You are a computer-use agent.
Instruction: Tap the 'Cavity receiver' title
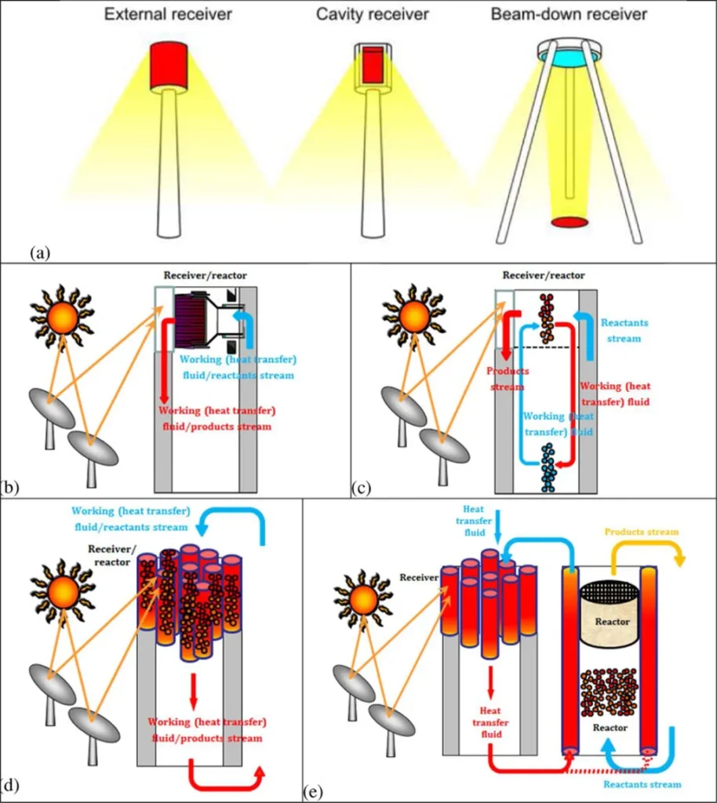click(372, 14)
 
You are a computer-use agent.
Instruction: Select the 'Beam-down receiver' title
click(569, 14)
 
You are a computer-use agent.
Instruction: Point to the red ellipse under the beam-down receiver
click(569, 223)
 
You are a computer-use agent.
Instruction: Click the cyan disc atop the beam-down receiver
click(569, 56)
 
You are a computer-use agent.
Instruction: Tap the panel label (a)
click(39, 253)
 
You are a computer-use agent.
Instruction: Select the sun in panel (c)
click(413, 316)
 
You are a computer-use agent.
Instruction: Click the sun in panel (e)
click(363, 600)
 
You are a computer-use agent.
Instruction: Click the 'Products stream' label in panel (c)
click(508, 378)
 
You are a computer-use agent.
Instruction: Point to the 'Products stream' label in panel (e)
click(642, 532)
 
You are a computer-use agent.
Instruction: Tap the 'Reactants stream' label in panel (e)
click(642, 784)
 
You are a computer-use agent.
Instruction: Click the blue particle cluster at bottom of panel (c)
click(548, 466)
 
